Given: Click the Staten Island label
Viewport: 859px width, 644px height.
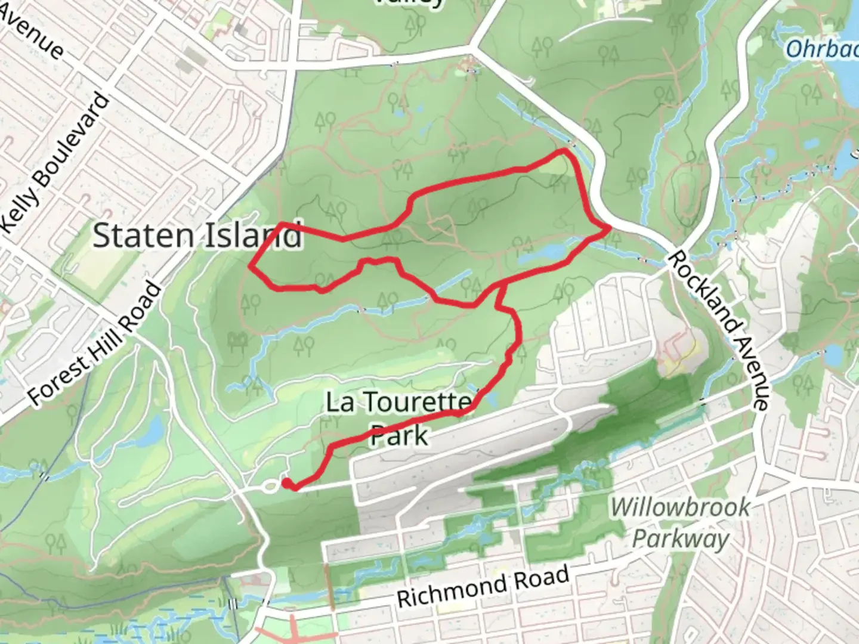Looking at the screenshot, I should [x=197, y=236].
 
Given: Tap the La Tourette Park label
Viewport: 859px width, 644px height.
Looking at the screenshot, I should [x=398, y=418].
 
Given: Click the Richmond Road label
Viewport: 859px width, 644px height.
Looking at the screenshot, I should [x=483, y=587].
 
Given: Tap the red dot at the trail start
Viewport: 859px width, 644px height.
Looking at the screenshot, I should [x=287, y=483].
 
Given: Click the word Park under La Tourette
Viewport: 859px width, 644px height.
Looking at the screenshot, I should [x=399, y=435].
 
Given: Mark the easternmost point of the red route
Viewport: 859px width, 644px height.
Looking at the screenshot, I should [x=609, y=228].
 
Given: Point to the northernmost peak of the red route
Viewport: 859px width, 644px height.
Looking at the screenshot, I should [x=563, y=151].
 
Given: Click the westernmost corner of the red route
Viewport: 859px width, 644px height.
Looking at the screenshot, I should [x=249, y=267].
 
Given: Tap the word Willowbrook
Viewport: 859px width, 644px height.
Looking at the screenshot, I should [x=680, y=507].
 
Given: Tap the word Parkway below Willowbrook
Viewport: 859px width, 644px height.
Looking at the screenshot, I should [x=680, y=539].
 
